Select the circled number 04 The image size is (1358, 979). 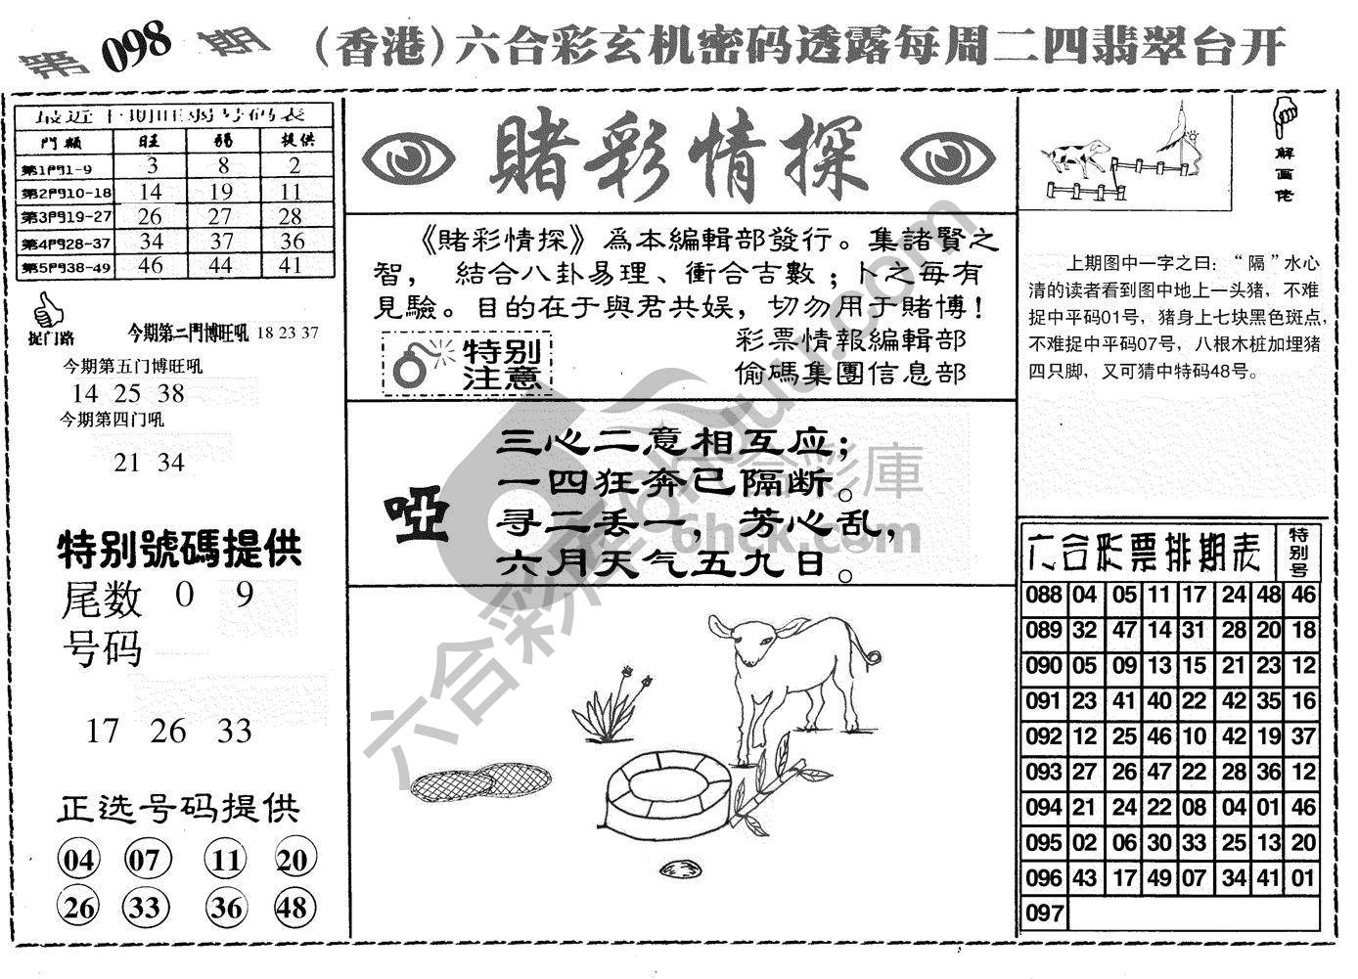tap(79, 861)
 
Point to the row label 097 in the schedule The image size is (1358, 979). tap(1044, 914)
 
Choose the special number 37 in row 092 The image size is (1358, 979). tap(1303, 736)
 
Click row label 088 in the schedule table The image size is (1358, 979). tap(1044, 596)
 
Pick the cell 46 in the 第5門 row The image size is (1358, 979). tap(151, 265)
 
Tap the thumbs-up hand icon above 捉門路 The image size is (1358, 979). tap(44, 311)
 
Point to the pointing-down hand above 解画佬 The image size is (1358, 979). tap(1284, 116)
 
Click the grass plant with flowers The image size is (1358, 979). tap(611, 712)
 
